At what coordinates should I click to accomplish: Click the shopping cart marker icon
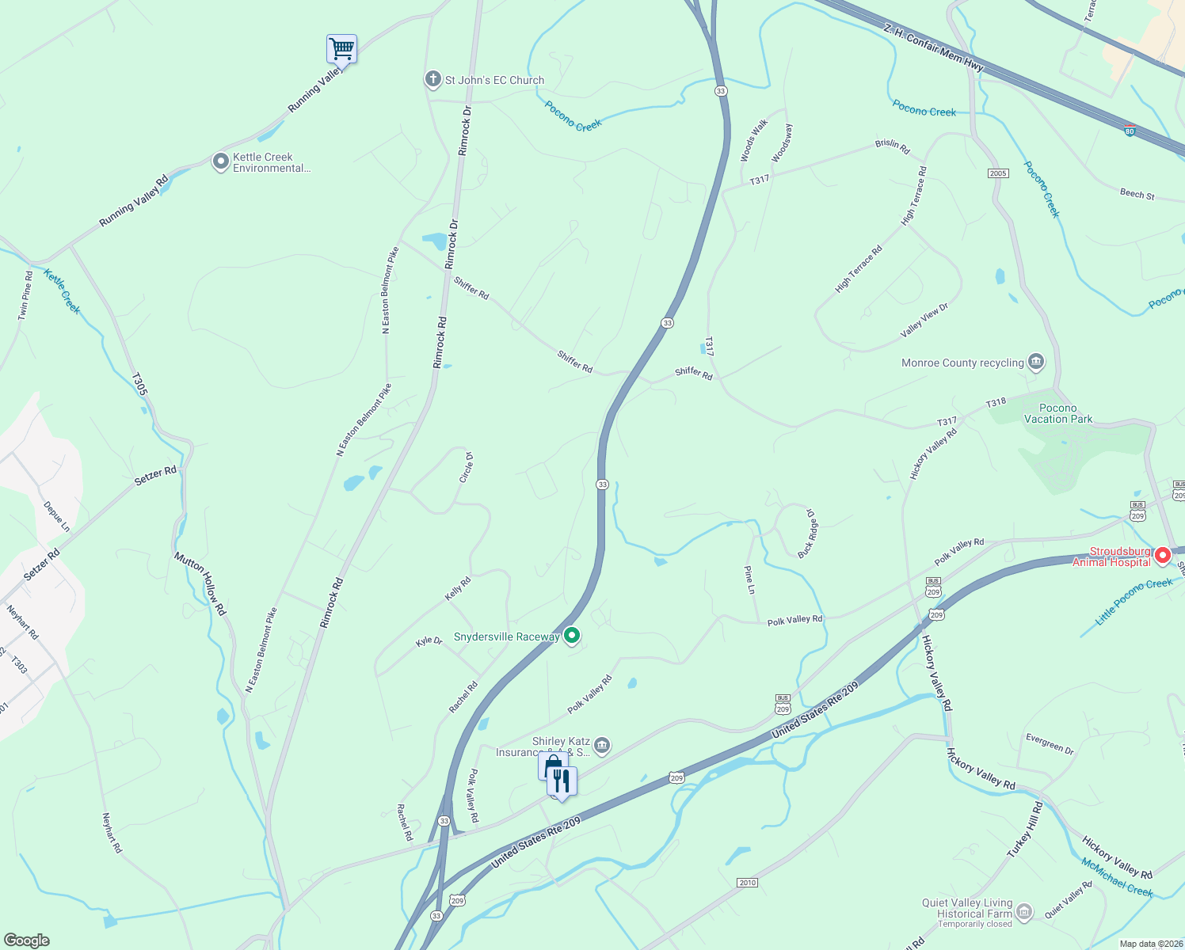coord(341,49)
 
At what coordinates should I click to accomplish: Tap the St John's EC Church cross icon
coord(432,79)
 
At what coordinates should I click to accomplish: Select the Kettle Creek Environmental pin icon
coord(220,162)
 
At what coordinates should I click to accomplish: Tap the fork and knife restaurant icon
coord(562,781)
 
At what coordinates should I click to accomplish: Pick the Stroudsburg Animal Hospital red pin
coord(1162,555)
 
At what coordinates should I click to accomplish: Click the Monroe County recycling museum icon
coord(1035,363)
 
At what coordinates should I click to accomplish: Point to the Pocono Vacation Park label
coord(1058,413)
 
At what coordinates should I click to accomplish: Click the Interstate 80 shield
coord(1130,130)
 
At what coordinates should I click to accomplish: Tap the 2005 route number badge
coord(998,173)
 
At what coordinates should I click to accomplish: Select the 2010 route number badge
coord(747,882)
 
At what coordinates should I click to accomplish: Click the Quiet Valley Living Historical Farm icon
coord(1024,912)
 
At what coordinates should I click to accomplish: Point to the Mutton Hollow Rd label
coord(200,583)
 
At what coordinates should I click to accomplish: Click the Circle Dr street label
coord(467,467)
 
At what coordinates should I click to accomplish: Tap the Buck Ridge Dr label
coord(808,533)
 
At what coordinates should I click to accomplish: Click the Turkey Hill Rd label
coord(1025,829)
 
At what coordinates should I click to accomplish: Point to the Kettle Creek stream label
coord(62,291)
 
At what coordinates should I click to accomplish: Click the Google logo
coord(27,940)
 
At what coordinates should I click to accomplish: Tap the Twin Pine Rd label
coord(25,296)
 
